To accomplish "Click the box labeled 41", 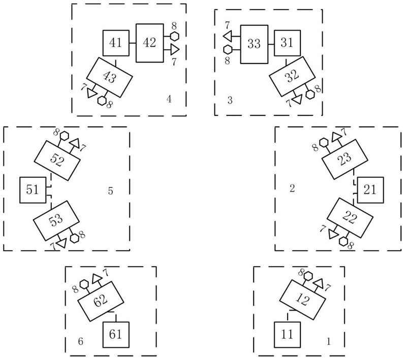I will coord(116,43).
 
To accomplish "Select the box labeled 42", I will coord(149,43).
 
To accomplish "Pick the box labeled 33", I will coord(254,44).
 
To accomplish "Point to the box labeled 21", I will coord(370,189).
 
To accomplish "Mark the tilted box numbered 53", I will coord(56,219).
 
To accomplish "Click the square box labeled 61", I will coord(117,335).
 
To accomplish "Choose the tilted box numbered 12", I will coord(303,300).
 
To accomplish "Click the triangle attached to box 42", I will coord(175,49).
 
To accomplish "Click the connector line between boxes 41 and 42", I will coord(133,43).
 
